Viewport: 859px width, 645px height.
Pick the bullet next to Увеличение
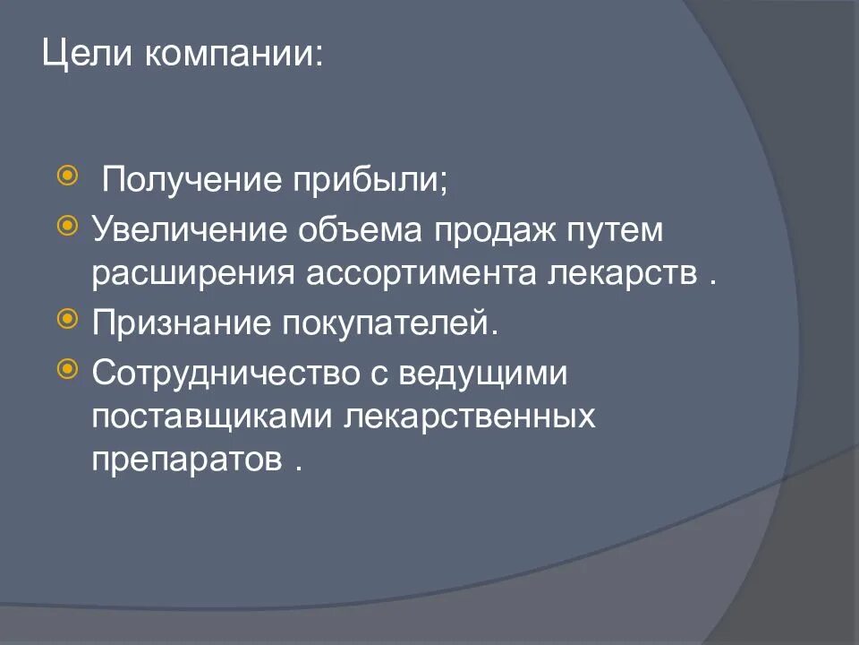pos(66,222)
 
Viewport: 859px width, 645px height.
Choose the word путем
pos(616,230)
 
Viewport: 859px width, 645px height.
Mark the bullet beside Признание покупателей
pos(66,317)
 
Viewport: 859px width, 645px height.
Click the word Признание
pos(182,322)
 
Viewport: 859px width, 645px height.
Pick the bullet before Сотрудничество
pos(66,366)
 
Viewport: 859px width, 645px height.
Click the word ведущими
pos(481,371)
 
